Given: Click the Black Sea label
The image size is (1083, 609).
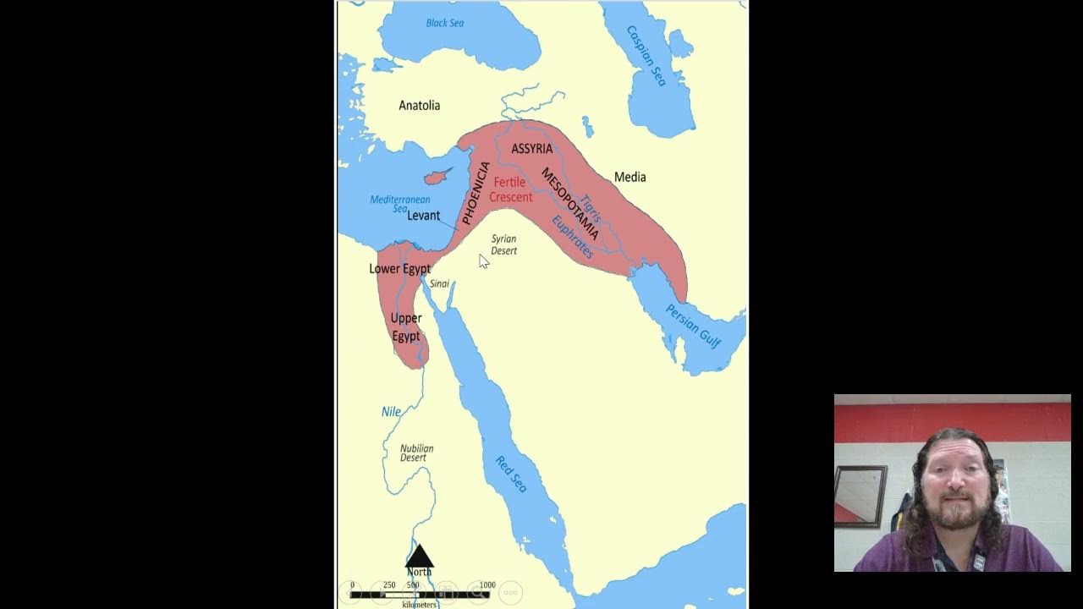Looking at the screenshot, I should [x=445, y=23].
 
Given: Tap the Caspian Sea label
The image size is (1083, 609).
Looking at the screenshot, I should [x=646, y=56].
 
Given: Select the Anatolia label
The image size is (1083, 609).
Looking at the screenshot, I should [x=420, y=106].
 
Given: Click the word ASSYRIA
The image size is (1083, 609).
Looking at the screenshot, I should [x=531, y=149].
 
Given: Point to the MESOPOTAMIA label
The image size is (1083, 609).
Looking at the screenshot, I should [x=570, y=204].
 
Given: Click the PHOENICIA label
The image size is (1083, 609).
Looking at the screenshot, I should [x=476, y=193].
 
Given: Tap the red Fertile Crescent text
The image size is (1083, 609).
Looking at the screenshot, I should [x=510, y=189].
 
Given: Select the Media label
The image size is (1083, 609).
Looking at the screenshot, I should [x=629, y=177].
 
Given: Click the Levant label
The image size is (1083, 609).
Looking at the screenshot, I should [x=423, y=216].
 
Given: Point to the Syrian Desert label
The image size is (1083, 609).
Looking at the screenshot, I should [x=503, y=244].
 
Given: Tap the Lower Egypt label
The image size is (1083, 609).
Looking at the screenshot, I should [x=399, y=269].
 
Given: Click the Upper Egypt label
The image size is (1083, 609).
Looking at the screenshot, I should [x=406, y=327].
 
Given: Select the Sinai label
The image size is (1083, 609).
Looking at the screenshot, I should [x=439, y=283].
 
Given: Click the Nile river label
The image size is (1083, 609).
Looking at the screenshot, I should [x=391, y=412].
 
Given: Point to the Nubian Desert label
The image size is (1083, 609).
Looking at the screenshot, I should [x=416, y=453].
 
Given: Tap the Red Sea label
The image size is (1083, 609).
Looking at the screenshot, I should [x=511, y=474].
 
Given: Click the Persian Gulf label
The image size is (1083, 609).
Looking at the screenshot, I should [x=693, y=326].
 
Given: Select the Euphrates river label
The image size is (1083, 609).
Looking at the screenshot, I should [x=573, y=237].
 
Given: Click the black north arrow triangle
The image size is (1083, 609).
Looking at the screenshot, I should [x=420, y=557].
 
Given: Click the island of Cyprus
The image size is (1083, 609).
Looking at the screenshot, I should [x=436, y=178].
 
